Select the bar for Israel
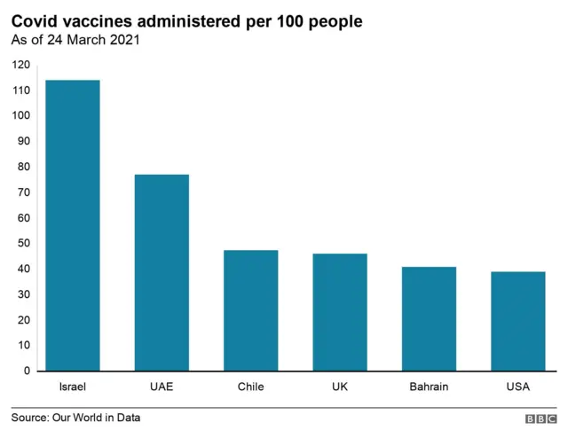(x=73, y=225)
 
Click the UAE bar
(x=162, y=272)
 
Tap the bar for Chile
(x=251, y=310)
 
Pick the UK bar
(x=340, y=312)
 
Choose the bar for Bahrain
(x=429, y=318)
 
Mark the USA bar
(x=518, y=321)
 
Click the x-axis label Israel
(x=73, y=387)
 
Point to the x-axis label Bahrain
(x=429, y=387)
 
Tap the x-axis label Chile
(x=251, y=387)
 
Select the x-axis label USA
(x=518, y=387)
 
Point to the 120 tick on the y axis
(x=21, y=65)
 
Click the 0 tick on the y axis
(x=27, y=371)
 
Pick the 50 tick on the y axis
(x=24, y=243)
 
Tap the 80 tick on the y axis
(x=24, y=167)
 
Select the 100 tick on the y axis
(x=21, y=116)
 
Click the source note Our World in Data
(x=75, y=418)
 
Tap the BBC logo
(x=540, y=418)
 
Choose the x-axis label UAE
(x=162, y=387)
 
